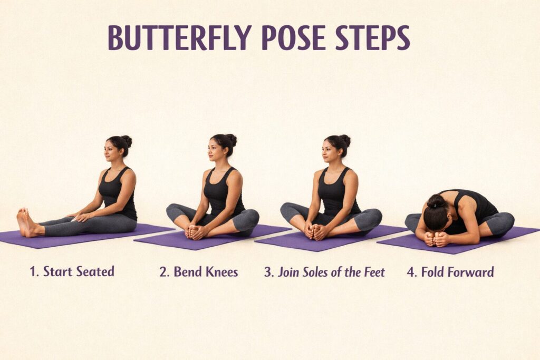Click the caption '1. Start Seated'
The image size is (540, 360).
click(x=72, y=272)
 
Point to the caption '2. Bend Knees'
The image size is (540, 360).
click(x=199, y=272)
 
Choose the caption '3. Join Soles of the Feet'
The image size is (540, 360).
click(x=324, y=272)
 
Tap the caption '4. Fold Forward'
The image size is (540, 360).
click(x=450, y=272)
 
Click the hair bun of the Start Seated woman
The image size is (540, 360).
click(x=127, y=141)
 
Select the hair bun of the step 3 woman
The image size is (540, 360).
click(x=345, y=140)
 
